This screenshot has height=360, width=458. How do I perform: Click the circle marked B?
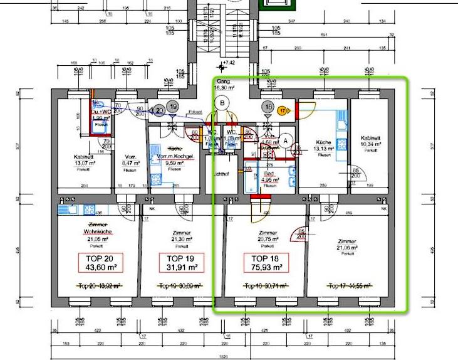point(221,104)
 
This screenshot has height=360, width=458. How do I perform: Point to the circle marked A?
point(286,141)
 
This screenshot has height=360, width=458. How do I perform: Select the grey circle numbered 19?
point(172,107)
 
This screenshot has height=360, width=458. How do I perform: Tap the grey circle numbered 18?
point(268,107)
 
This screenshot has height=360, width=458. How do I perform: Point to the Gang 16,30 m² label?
point(225,86)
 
